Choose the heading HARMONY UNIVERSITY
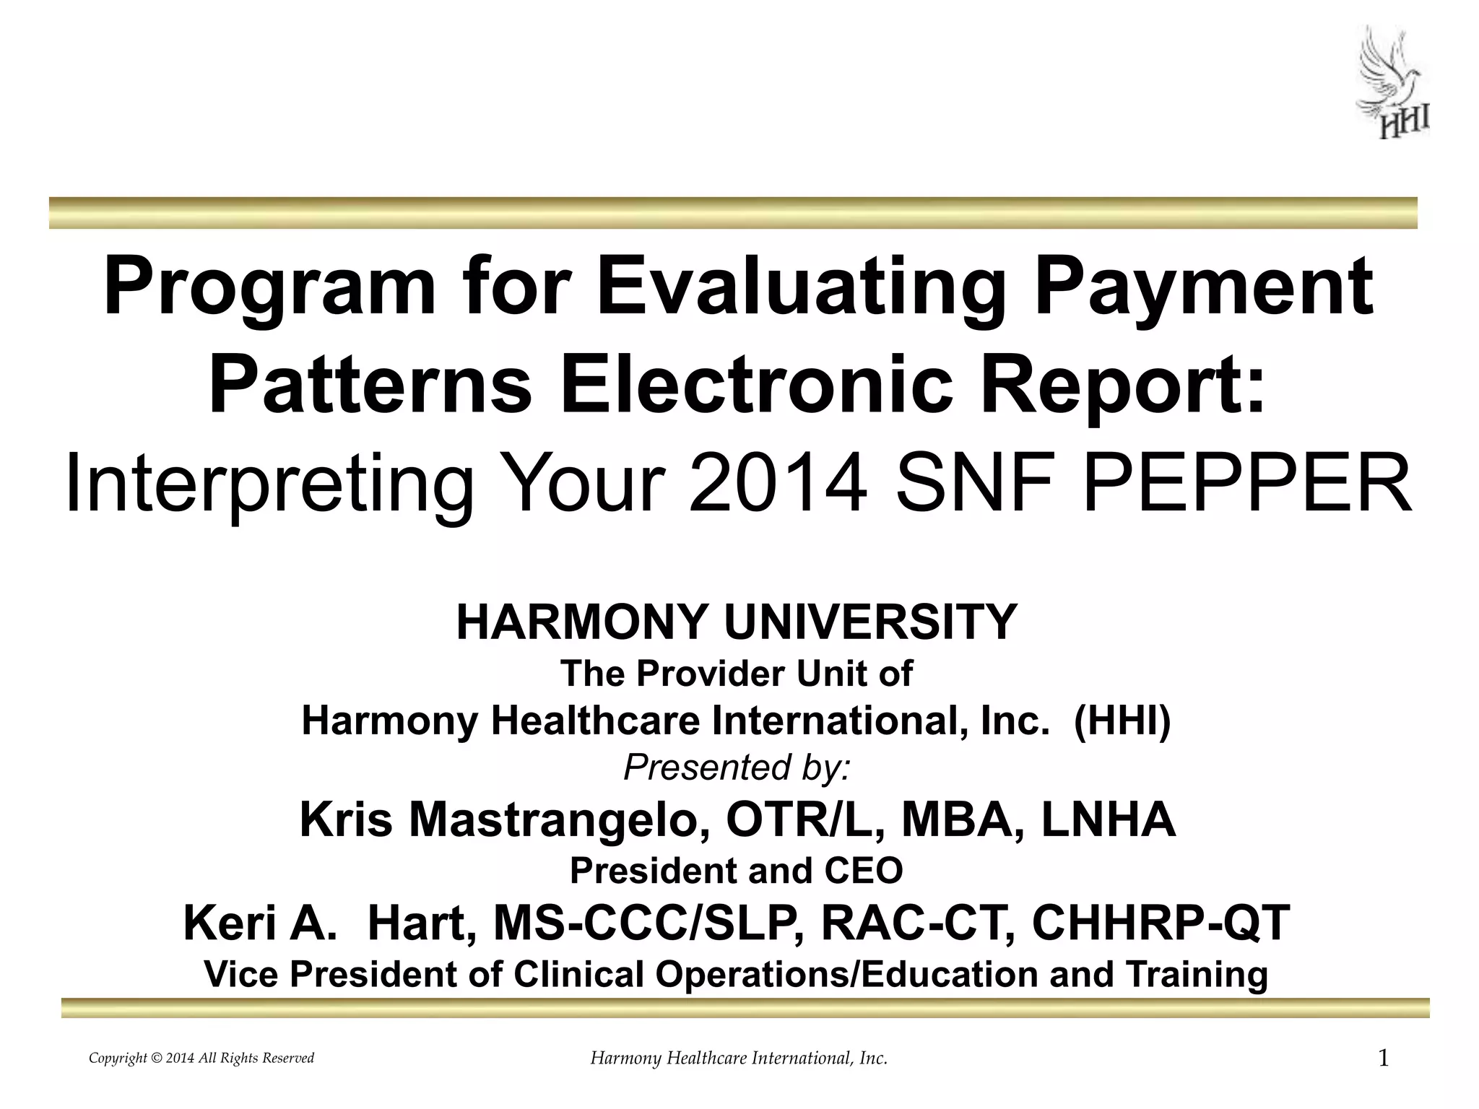tap(737, 622)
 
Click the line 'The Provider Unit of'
tap(737, 674)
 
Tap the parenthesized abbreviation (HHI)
tap(1122, 721)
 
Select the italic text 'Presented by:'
tap(737, 767)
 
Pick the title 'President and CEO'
tap(737, 871)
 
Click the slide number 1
tap(1384, 1059)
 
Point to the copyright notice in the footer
tap(201, 1058)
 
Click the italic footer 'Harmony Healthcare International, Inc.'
tap(739, 1059)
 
